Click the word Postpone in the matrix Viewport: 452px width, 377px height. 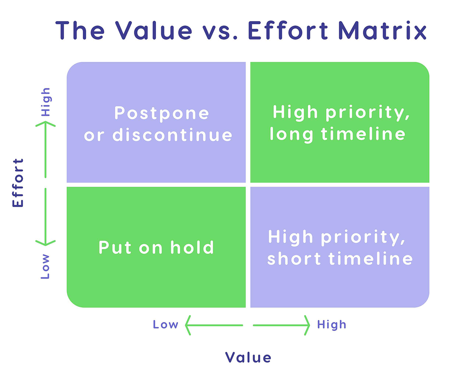point(162,113)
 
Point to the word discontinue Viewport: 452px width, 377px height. point(172,135)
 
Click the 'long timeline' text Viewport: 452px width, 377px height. point(338,134)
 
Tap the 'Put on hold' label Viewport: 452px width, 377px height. point(156,247)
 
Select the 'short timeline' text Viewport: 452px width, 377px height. point(340,259)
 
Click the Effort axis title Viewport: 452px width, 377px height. point(18,183)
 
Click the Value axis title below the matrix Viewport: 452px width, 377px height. point(248,357)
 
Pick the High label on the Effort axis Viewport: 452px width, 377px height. point(46,102)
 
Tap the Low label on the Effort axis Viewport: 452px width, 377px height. point(45,266)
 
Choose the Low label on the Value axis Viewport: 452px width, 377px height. point(166,325)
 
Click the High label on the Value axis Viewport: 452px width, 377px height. point(332,325)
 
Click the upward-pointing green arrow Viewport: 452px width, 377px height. point(45,149)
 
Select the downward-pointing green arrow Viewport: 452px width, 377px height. point(45,217)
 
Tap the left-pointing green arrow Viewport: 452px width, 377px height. point(213,325)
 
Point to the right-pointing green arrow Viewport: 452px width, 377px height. point(282,325)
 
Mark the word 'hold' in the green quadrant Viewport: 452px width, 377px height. point(192,247)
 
